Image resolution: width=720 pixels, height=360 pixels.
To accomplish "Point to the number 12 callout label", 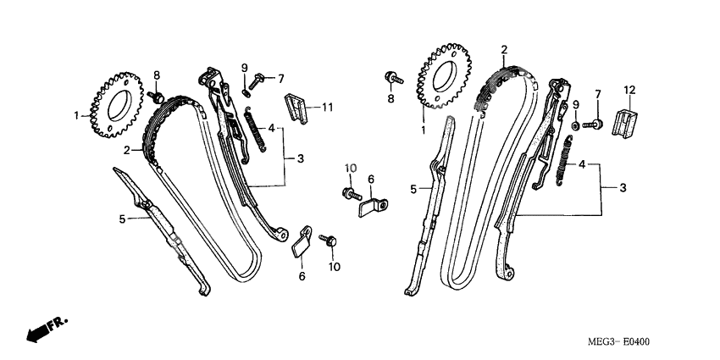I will coord(629,90).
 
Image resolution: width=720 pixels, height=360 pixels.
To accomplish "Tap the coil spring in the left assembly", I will coord(252,130).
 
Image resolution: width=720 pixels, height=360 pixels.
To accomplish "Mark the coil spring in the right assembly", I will coord(560,161).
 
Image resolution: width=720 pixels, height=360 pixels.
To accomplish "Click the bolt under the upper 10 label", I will coord(349,194).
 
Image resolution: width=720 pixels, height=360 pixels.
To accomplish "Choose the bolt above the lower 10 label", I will coord(331,243).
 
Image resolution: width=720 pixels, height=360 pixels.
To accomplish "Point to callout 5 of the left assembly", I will coord(122,219).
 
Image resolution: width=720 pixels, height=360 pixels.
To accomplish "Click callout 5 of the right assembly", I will coord(415,190).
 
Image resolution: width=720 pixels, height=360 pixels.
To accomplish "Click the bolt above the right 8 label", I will coord(392,78).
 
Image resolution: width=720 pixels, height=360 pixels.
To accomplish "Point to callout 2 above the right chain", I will coord(503,50).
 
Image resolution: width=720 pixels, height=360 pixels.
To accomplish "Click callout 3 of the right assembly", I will coord(623,186).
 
